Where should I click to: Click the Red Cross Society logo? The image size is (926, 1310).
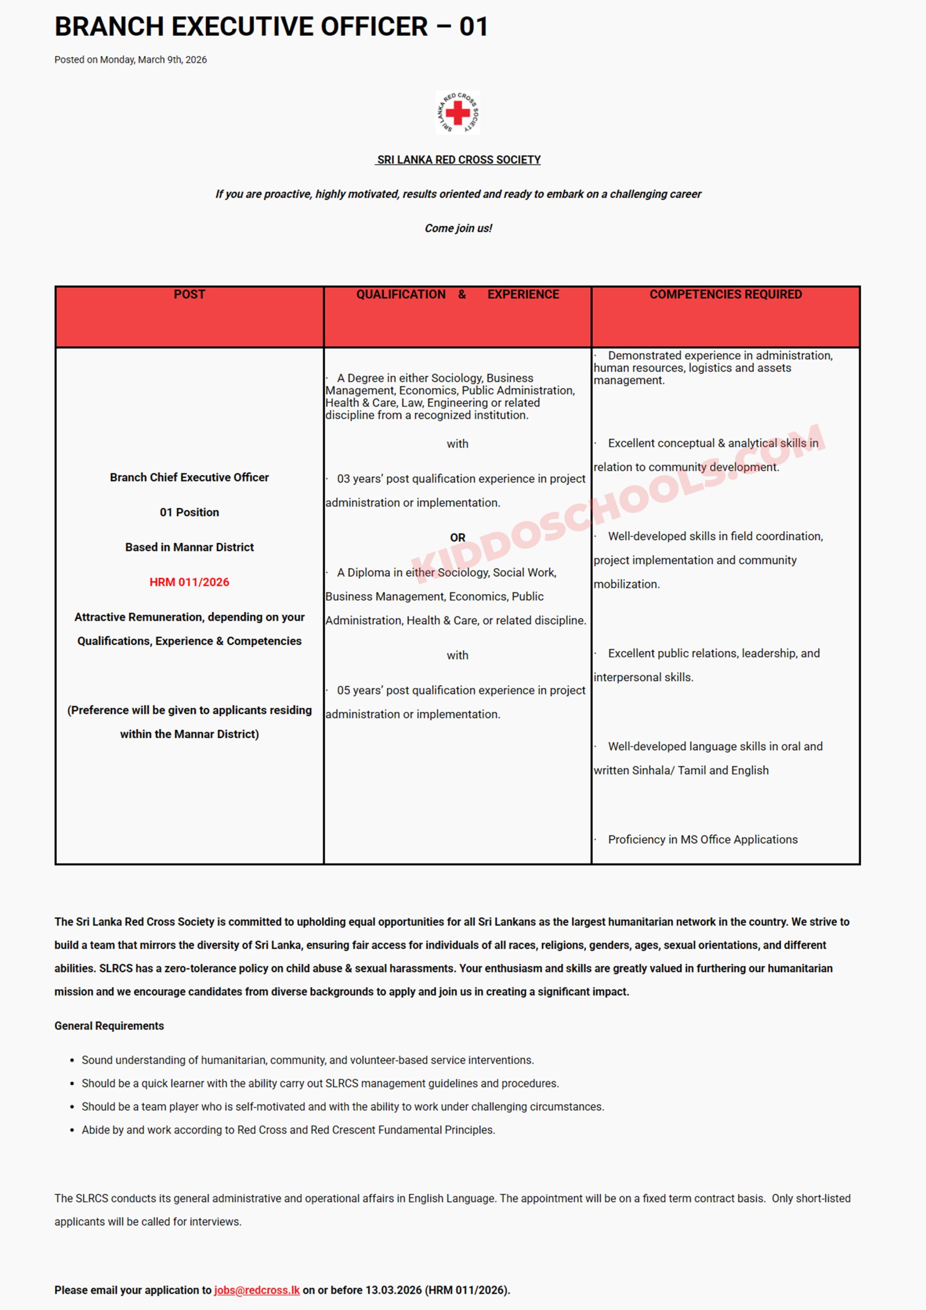457,113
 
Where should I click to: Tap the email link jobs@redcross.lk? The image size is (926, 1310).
257,1290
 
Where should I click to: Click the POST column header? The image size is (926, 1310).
189,294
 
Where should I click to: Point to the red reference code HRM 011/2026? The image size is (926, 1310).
189,582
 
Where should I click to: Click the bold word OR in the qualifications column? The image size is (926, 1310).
457,537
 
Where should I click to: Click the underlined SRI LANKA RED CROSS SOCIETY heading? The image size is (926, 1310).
458,160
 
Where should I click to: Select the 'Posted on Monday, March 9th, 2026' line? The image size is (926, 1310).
130,60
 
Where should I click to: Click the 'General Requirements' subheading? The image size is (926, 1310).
109,1026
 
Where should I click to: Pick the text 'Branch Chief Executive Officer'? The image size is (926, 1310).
189,477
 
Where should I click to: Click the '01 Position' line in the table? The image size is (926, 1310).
189,512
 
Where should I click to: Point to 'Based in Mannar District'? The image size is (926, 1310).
189,547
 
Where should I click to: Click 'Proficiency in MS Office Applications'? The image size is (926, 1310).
702,839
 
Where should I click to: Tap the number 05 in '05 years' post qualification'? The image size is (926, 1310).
343,690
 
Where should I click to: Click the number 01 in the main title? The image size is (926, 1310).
474,27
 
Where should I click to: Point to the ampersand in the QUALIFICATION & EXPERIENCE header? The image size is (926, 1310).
462,294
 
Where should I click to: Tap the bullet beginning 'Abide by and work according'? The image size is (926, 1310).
288,1130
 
